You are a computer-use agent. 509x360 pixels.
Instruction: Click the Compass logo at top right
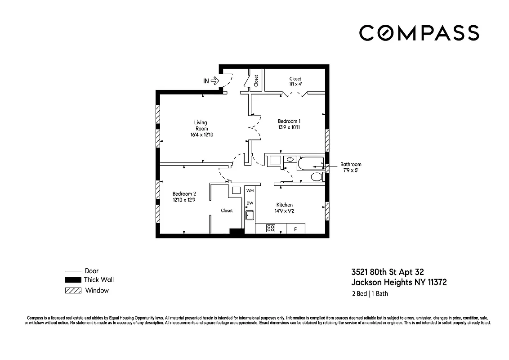point(419,33)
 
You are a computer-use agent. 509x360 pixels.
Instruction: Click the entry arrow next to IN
point(214,81)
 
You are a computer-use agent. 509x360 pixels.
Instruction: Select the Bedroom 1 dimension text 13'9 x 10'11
point(289,127)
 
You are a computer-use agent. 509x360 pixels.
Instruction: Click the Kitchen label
point(284,205)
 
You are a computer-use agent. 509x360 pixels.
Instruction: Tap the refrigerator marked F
point(295,229)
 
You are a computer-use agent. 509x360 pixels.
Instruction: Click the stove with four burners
point(271,228)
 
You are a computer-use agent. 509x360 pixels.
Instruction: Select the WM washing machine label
point(250,191)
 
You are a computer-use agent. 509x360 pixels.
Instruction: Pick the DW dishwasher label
point(250,203)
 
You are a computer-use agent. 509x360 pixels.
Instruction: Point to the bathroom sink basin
point(290,159)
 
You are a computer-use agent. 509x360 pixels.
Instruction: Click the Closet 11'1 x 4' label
point(295,81)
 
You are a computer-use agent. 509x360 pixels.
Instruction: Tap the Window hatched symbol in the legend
point(73,291)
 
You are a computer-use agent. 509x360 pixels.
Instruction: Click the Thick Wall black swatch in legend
point(73,280)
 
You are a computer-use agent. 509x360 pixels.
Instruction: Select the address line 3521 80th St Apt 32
point(387,272)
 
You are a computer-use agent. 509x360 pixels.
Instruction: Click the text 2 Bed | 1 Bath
point(370,294)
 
